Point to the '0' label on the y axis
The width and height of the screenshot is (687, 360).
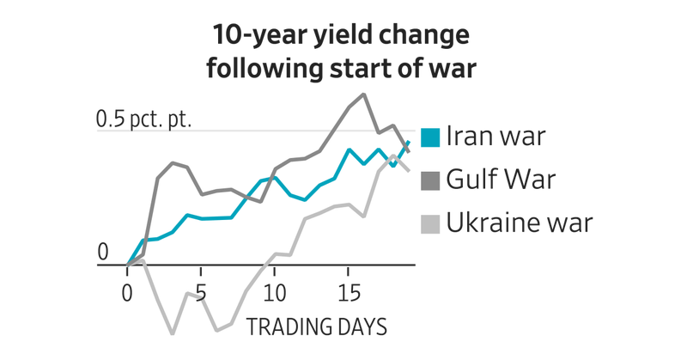103,252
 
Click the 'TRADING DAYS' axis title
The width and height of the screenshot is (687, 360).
316,327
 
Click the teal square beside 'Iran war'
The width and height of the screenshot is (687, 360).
431,137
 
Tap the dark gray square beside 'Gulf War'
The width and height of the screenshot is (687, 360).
431,180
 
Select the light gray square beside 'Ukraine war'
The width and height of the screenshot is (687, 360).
431,224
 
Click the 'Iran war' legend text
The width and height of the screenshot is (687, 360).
495,137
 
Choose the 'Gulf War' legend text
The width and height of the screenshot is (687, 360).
501,180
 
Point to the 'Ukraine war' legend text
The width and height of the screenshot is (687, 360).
520,223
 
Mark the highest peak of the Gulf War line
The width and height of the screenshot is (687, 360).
363,95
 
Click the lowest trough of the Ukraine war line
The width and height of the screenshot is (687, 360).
173,333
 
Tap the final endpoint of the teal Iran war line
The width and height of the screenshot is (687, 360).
409,142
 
